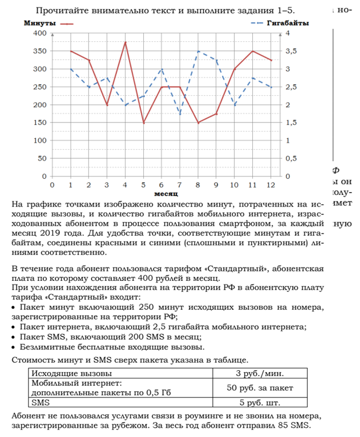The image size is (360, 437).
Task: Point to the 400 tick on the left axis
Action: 38,33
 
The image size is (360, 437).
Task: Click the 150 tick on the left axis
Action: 38,122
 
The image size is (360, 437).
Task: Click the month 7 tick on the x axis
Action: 179,185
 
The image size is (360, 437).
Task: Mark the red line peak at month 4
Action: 125,42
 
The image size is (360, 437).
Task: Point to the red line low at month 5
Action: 143,123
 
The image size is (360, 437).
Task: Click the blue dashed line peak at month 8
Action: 198,51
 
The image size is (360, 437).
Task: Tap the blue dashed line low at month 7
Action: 179,114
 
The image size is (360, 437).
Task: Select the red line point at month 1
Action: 71,51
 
